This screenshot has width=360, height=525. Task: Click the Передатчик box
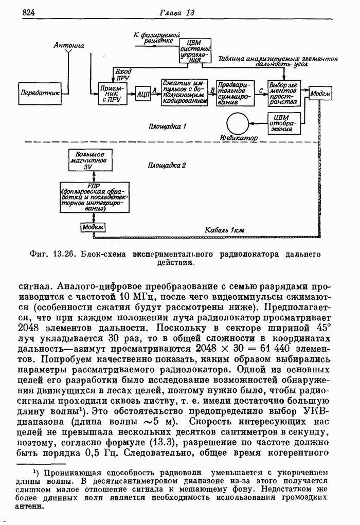pos(39,93)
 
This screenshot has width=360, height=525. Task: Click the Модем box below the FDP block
pos(93,227)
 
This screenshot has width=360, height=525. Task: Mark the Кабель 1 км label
pos(224,229)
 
